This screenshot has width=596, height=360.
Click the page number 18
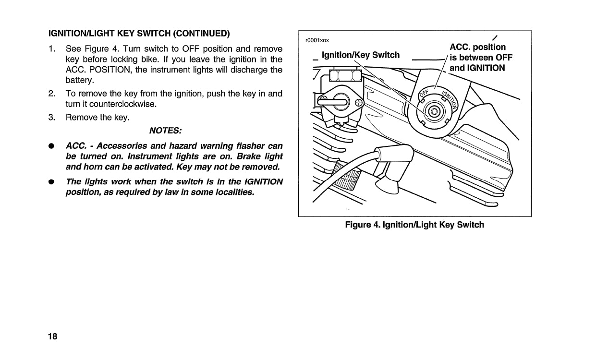(x=52, y=336)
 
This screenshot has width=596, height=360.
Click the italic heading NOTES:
(x=165, y=131)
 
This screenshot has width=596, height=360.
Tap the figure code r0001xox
(x=317, y=40)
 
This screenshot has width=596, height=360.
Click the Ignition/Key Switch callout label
(x=360, y=55)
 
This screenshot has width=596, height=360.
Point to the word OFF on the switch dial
(x=424, y=93)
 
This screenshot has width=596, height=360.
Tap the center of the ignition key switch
(x=435, y=112)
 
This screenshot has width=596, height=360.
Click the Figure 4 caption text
(x=414, y=225)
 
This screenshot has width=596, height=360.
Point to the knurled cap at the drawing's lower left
(x=346, y=178)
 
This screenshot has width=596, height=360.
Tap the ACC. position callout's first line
(x=477, y=47)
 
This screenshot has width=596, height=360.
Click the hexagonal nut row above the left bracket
(x=345, y=75)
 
